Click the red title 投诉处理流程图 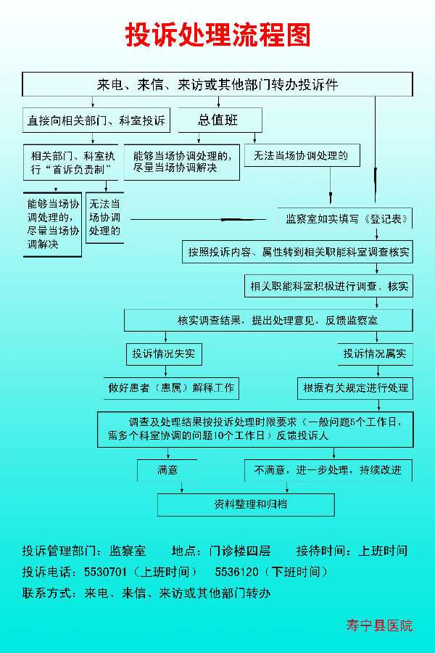click(x=217, y=35)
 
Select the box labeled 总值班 click(x=220, y=120)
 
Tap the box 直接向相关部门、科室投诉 click(x=96, y=120)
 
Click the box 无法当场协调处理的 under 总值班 click(x=302, y=155)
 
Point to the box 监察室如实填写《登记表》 click(x=345, y=218)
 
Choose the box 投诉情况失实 click(x=164, y=354)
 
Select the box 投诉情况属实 click(x=375, y=354)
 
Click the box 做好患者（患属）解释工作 click(x=171, y=388)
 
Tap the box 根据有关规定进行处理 click(x=355, y=388)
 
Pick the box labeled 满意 click(x=167, y=470)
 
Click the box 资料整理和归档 click(x=246, y=505)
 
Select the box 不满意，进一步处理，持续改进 click(x=328, y=470)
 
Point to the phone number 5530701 click(x=105, y=572)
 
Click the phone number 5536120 click(x=236, y=572)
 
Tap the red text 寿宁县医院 click(x=379, y=625)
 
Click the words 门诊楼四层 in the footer click(x=240, y=551)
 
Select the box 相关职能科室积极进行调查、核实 click(x=329, y=286)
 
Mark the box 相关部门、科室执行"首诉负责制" click(x=71, y=163)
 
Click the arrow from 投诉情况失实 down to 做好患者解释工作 click(x=166, y=371)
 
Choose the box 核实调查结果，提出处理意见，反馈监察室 click(x=268, y=320)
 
